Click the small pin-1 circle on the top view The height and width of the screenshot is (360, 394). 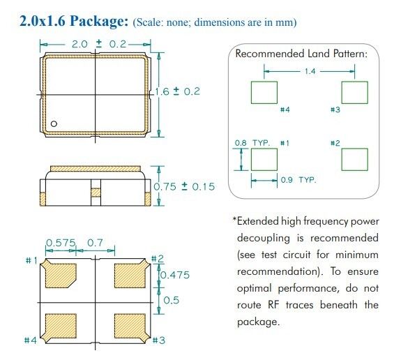coord(54,123)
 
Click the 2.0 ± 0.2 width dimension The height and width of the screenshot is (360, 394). coord(99,44)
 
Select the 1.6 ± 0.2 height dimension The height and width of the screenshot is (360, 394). coord(177,91)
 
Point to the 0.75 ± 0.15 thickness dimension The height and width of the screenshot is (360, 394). coord(184,186)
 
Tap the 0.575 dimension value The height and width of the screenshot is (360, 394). coord(61,243)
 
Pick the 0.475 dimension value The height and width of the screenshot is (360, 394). coord(175,275)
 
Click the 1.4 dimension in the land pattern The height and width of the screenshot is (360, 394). coord(310,71)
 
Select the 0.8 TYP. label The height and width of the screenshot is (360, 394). coord(252,143)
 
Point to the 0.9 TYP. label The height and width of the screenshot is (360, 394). coord(298,180)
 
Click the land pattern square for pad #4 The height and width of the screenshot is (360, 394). coord(264,92)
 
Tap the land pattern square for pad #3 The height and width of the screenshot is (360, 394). coord(354,92)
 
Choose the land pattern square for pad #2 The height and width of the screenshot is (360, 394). coord(354,159)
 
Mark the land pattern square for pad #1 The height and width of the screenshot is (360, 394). coord(264,159)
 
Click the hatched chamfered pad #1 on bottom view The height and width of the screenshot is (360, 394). coord(59,274)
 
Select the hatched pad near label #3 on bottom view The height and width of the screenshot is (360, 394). coord(131,327)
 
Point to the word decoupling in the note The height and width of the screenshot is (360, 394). coord(264,239)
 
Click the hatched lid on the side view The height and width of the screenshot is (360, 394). coord(96,168)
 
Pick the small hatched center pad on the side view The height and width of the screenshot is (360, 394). coord(96,193)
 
